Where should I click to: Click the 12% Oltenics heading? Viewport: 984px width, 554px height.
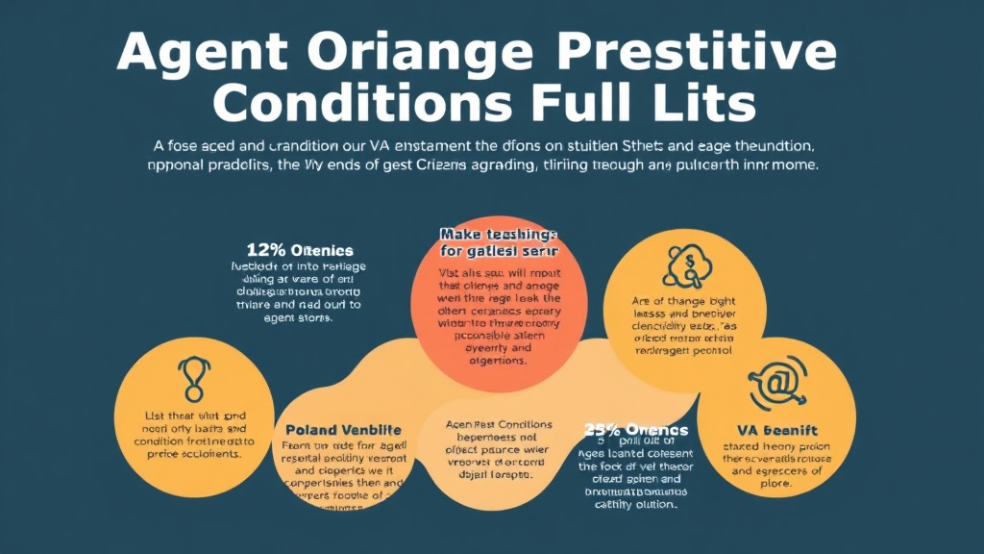tap(300, 250)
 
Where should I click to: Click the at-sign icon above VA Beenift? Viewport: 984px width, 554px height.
tap(775, 382)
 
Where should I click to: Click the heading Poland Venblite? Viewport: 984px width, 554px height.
tap(344, 429)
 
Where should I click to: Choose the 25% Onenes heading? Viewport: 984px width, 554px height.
tap(636, 429)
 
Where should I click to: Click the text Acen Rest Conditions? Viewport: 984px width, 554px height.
tap(500, 424)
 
